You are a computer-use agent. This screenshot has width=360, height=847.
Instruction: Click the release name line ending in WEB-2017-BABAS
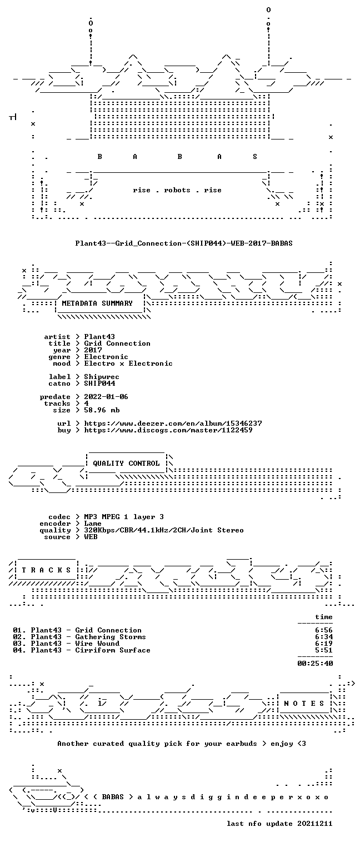point(184,243)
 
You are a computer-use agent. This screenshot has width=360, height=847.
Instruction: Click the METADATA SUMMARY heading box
point(99,303)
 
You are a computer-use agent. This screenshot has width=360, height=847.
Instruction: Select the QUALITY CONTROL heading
point(126,464)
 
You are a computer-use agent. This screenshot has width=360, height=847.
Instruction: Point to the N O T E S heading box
point(304,704)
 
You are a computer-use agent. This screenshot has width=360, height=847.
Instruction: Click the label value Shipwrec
point(102,377)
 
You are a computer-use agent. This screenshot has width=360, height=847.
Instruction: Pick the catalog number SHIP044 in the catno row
point(99,383)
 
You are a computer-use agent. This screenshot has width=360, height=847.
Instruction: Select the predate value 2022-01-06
point(106,397)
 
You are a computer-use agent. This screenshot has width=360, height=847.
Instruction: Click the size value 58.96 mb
point(102,410)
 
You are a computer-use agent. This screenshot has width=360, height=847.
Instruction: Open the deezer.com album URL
point(173,423)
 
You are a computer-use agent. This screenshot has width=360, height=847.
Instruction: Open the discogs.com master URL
point(168,430)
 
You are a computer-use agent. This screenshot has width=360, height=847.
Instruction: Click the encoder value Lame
point(93,524)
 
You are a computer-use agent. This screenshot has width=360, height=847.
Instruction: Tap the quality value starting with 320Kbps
point(164,531)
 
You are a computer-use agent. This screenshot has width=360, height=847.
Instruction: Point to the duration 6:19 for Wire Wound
point(324,644)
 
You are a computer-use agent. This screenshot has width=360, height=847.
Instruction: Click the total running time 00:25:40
point(315,664)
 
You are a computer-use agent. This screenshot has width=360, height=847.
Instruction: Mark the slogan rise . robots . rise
point(177,190)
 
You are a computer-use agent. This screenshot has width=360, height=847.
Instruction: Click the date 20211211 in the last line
point(315,824)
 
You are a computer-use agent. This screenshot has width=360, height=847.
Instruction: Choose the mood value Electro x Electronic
point(128,364)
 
